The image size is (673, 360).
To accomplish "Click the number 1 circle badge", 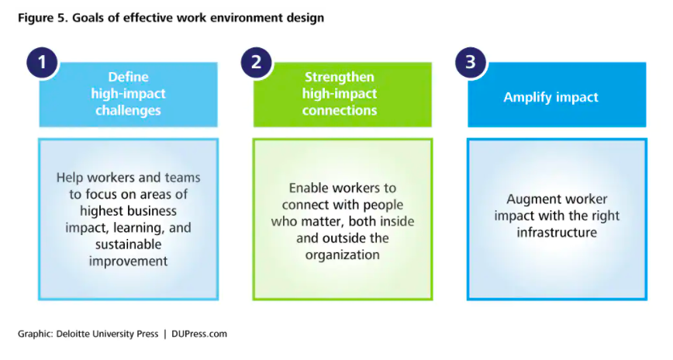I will (x=42, y=62).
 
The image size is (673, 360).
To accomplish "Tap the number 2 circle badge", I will (x=256, y=62).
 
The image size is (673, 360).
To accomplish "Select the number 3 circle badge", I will (x=471, y=62).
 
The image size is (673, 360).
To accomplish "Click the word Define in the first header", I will (x=129, y=78).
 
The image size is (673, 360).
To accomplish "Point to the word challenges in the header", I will (x=129, y=110).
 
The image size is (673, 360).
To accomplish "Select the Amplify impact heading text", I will (x=550, y=98).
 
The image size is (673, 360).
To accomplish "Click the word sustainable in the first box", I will (x=129, y=244).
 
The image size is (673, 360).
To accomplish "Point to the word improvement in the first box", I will (x=129, y=261).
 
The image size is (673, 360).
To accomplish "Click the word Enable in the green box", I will (x=309, y=189).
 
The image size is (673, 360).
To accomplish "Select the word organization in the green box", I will (x=343, y=254).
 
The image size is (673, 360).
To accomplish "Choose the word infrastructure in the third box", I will (x=557, y=232).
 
